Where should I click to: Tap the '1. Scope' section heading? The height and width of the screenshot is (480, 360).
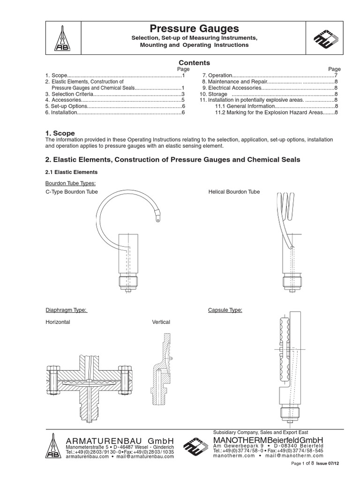point(60,134)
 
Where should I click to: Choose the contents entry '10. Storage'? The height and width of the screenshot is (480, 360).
point(215,94)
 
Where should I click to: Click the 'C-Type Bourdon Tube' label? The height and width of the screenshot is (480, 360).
point(71,192)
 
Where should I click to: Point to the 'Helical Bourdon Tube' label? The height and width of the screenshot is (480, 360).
point(233,192)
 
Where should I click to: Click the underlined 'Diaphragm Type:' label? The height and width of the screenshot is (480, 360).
point(66,310)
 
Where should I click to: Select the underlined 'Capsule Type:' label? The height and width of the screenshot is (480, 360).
point(225,310)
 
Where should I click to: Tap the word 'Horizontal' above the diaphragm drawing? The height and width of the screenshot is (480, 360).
point(58,322)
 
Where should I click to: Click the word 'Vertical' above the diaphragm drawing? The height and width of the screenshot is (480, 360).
point(161,322)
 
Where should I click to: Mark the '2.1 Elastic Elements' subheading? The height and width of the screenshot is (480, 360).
point(71,172)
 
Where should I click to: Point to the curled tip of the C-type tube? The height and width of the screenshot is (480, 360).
point(158,217)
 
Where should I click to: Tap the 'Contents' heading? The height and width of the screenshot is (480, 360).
point(195,63)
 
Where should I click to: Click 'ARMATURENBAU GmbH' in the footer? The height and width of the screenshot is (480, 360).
point(120,441)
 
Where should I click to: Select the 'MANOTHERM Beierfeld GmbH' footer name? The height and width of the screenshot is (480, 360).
point(268,440)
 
